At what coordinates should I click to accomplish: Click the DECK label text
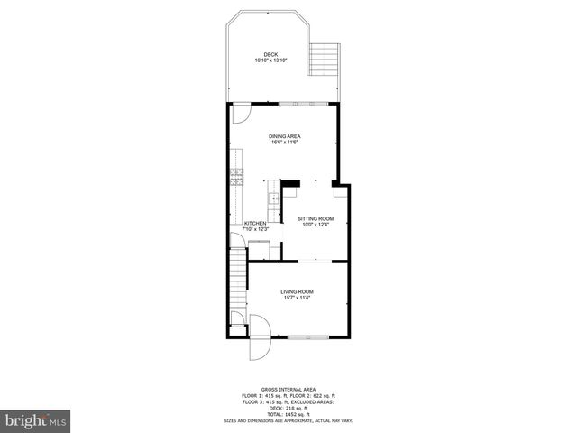click(271, 53)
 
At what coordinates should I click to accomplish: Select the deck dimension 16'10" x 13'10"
click(271, 60)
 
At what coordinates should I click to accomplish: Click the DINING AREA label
click(284, 135)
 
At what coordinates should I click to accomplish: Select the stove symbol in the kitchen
click(237, 177)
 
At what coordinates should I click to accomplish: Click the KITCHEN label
click(255, 223)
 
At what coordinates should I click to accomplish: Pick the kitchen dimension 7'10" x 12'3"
click(256, 229)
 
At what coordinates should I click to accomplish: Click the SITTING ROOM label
click(316, 218)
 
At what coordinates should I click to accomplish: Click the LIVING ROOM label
click(297, 290)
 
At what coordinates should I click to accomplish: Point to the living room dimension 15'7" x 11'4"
click(297, 298)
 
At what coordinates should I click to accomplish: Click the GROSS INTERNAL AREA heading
click(289, 390)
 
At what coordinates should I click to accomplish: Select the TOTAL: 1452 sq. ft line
click(289, 412)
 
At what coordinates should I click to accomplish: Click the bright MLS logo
click(36, 420)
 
